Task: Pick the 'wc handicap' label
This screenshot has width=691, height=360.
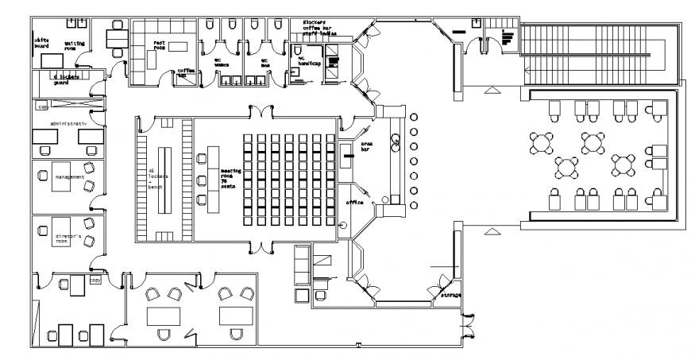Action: coord(306,60)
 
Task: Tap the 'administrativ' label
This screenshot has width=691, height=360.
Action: coord(68,124)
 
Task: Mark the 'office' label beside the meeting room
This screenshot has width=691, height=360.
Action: coord(353,203)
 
